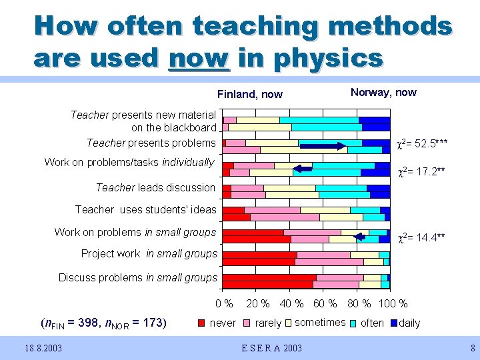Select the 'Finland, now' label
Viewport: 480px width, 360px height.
(250, 94)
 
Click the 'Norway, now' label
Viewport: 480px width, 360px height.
(383, 92)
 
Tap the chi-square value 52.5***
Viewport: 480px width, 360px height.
(422, 143)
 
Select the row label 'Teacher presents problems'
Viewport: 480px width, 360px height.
(151, 143)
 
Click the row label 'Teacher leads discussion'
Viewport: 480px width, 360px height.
(156, 187)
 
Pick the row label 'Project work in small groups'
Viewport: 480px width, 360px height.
(149, 253)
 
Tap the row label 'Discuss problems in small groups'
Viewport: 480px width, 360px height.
(138, 277)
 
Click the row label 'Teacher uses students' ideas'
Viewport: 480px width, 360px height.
(146, 209)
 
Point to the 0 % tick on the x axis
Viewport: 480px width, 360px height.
(224, 304)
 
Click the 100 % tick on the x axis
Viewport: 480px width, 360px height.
(393, 304)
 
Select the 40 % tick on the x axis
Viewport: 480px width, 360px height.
(291, 304)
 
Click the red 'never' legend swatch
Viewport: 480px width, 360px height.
(203, 323)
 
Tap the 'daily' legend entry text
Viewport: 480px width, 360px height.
(409, 323)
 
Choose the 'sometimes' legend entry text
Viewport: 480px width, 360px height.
(320, 323)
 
